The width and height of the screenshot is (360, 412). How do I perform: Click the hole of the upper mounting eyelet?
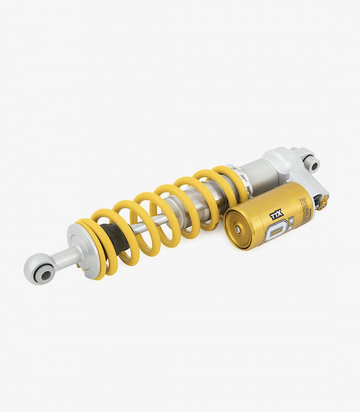[x=315, y=165]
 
